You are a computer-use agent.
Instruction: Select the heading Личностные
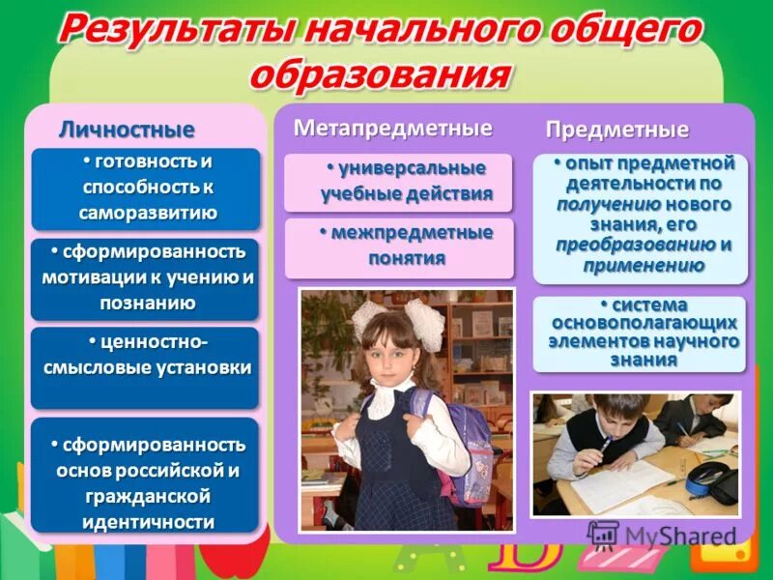127,130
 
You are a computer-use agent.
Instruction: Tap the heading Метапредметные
392,128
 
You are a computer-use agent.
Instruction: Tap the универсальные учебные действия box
398,181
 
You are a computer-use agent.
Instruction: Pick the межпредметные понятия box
398,246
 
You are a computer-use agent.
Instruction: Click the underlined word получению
609,204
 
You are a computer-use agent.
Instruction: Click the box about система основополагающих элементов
640,333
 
